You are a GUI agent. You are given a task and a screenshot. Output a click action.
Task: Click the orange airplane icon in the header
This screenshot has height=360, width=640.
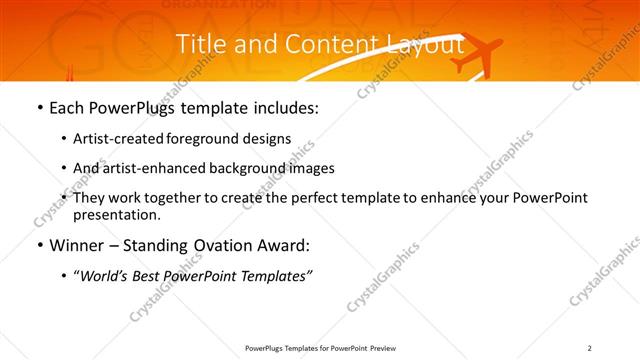click(x=476, y=56)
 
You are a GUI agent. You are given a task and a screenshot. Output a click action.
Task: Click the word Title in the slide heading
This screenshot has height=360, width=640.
click(x=198, y=45)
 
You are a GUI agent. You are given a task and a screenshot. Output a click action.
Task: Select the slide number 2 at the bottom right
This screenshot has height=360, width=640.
click(x=589, y=347)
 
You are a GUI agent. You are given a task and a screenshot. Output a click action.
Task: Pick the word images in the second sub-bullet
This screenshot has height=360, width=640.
click(x=311, y=168)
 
